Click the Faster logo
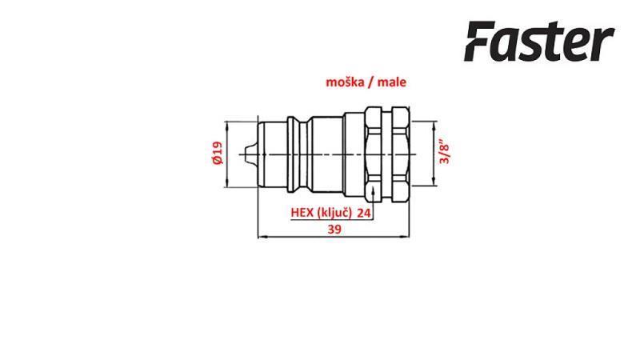(x=539, y=42)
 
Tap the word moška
(x=343, y=82)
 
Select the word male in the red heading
(x=398, y=82)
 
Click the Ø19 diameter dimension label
(x=217, y=154)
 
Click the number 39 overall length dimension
(x=335, y=229)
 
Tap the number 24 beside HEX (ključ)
(x=365, y=214)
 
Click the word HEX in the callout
(x=302, y=214)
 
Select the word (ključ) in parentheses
(x=334, y=214)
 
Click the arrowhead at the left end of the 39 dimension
(x=259, y=237)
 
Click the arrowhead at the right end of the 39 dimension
(x=409, y=237)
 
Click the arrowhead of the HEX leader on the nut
(x=374, y=190)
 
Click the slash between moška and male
(x=374, y=82)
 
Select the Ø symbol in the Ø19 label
(x=217, y=162)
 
